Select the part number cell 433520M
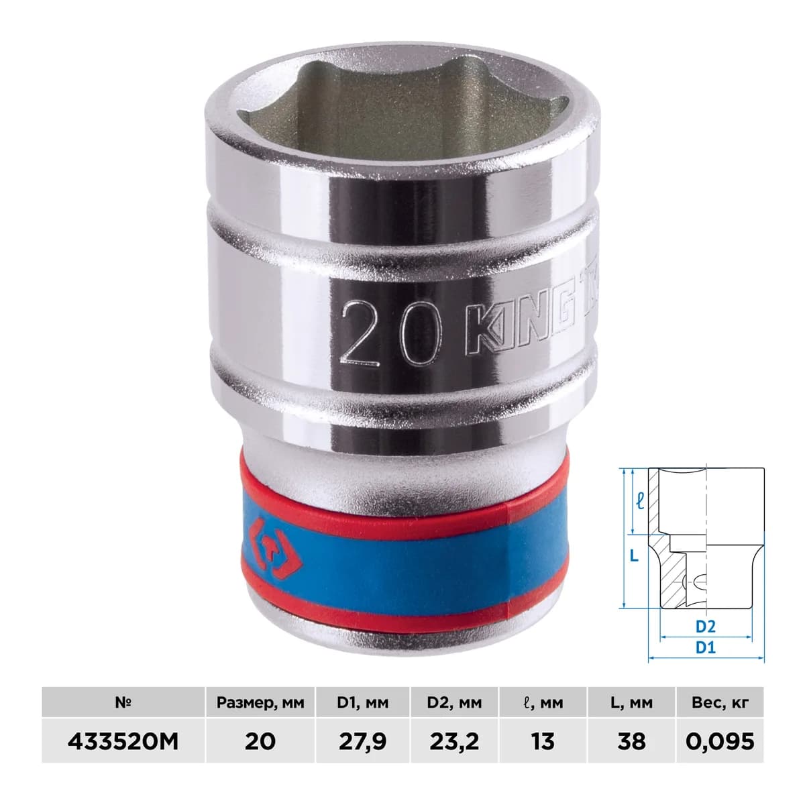[x=123, y=741]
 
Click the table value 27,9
[x=362, y=742]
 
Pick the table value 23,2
[x=454, y=742]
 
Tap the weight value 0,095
[x=720, y=741]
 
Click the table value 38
[x=631, y=741]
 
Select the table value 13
[x=543, y=741]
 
